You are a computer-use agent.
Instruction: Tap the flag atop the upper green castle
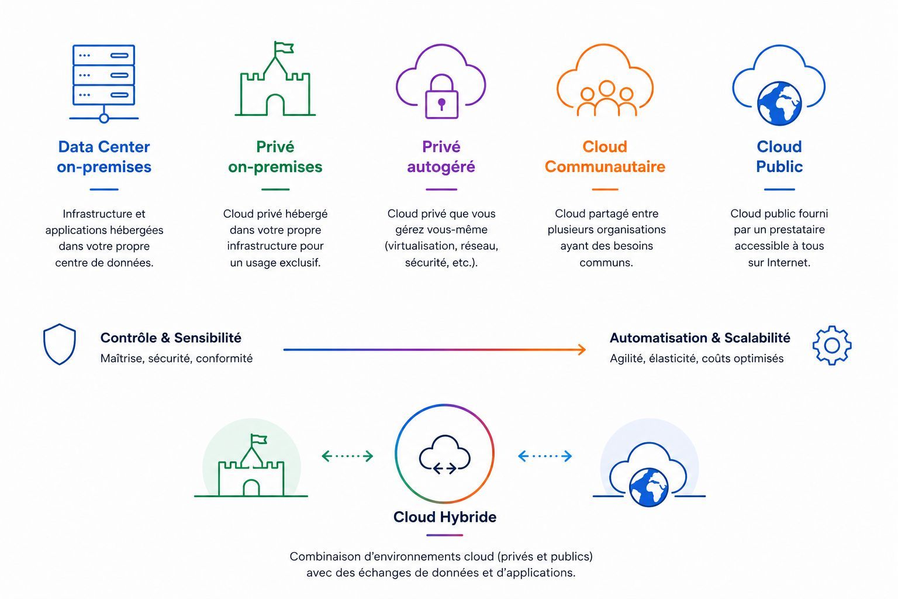pos(284,49)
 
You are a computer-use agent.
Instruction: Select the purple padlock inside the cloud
pos(441,97)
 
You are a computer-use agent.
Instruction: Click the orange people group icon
pos(606,98)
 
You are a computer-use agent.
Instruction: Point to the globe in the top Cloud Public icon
pos(779,104)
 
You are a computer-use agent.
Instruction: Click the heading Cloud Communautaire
pos(605,156)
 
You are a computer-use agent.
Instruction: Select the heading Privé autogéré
pos(441,156)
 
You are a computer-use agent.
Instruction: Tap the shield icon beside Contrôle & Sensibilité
pos(59,344)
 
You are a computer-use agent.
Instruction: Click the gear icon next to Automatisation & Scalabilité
pos(832,346)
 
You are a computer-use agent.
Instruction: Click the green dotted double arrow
pos(348,456)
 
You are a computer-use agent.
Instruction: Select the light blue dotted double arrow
pos(545,456)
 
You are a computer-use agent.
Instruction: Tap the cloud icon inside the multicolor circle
pos(444,454)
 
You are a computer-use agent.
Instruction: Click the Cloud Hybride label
pos(444,517)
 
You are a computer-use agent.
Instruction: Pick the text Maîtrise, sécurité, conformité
pos(177,358)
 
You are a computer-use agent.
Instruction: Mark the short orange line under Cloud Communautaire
pos(605,190)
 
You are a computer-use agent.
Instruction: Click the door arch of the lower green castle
pos(251,488)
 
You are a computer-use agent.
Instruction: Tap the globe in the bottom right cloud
pos(648,487)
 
